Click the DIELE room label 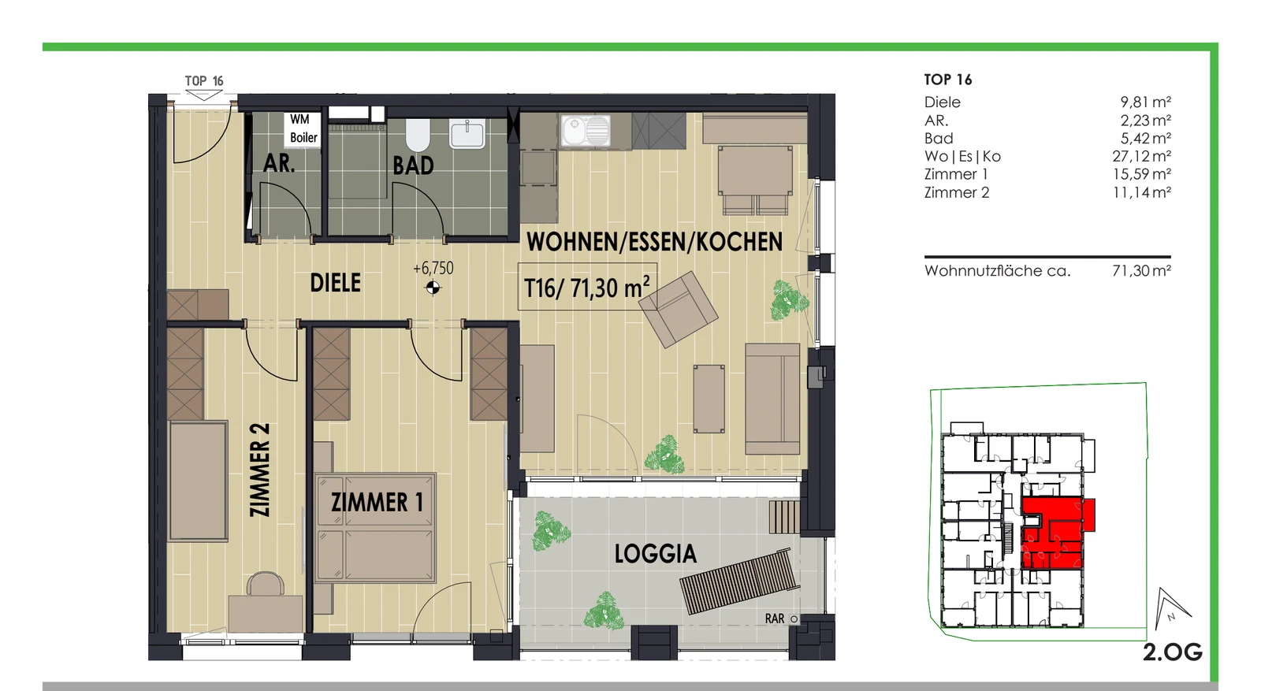tap(336, 283)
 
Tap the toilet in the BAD tap(418, 135)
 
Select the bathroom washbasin tap(467, 134)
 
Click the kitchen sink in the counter tap(586, 131)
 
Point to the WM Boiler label tap(303, 128)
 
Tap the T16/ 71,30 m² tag tap(586, 287)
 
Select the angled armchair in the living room tap(678, 309)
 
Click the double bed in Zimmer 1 tap(376, 527)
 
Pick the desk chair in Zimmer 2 tap(266, 584)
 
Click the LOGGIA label tap(655, 554)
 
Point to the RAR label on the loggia tap(775, 619)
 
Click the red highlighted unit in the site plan tap(1054, 533)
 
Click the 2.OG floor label tap(1173, 652)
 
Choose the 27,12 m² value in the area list tap(1142, 156)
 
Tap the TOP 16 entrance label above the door tap(204, 81)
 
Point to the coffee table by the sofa tap(709, 399)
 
